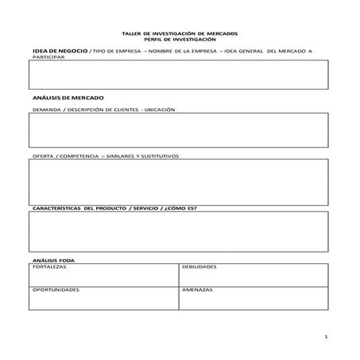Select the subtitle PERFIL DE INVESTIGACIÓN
tap(180, 39)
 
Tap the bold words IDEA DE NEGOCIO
tap(56, 50)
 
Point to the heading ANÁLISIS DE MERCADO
tap(58, 95)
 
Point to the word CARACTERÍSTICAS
tap(56, 208)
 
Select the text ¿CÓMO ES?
tap(184, 208)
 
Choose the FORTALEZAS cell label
tap(49, 267)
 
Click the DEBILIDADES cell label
tap(199, 267)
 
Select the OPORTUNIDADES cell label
tap(56, 290)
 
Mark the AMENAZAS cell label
tap(196, 290)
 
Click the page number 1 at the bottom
tap(326, 338)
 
